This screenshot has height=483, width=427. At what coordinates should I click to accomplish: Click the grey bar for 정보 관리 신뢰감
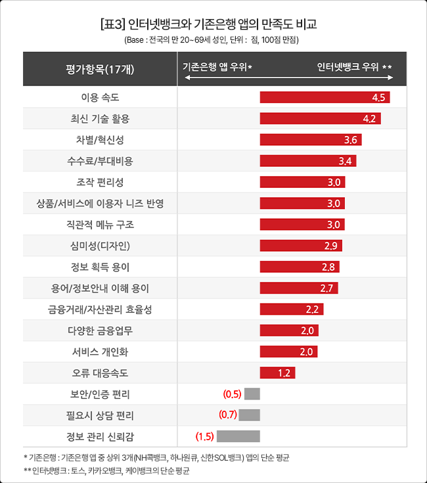(238, 436)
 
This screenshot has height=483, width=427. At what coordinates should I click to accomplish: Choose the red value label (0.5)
(233, 394)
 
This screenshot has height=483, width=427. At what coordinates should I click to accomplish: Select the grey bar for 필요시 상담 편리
(249, 415)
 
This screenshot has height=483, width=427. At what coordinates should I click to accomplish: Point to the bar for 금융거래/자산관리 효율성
(291, 310)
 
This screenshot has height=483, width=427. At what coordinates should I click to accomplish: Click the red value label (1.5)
(205, 436)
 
